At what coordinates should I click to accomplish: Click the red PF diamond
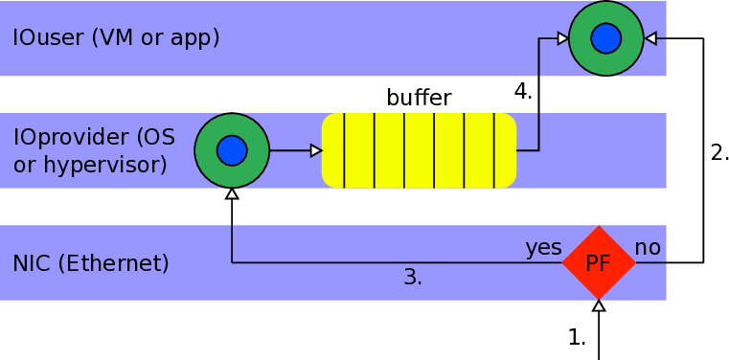coord(599,262)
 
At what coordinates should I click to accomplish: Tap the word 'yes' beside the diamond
coord(543,248)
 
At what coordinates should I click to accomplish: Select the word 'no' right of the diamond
coord(648,248)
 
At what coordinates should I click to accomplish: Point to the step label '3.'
coord(413,278)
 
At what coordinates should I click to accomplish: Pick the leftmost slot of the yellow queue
coord(332,150)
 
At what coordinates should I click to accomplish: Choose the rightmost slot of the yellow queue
coord(505,150)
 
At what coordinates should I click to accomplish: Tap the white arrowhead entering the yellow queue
coord(316,150)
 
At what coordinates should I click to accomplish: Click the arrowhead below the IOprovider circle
coord(232,194)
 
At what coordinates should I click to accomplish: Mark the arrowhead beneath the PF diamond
coord(599,306)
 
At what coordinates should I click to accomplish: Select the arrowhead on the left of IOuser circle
coord(563,38)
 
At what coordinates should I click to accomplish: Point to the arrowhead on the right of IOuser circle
coord(651,38)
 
